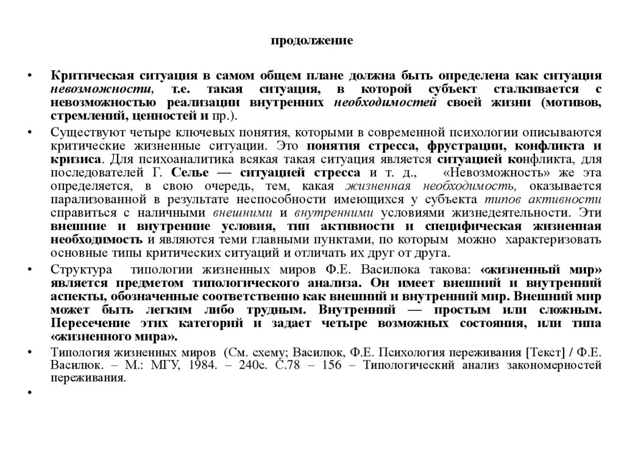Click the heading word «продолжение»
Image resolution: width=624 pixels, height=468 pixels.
[x=311, y=41]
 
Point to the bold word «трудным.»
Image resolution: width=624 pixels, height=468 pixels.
[x=272, y=309]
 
